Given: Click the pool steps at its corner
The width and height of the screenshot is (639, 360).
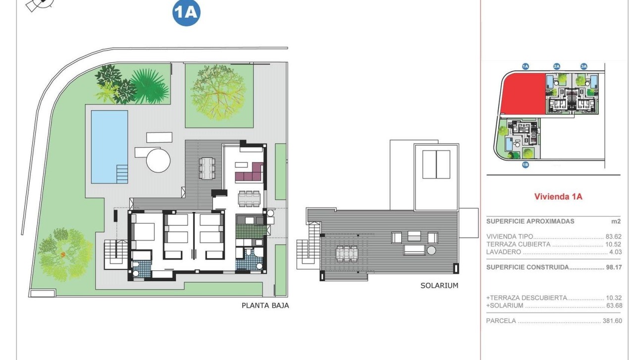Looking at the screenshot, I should pos(122,173).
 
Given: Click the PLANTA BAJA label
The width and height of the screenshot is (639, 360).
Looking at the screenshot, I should pos(265,306).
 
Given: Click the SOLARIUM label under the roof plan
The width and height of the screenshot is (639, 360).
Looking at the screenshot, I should pos(439,285).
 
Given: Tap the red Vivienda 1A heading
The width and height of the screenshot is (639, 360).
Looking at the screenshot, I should pos(558,197).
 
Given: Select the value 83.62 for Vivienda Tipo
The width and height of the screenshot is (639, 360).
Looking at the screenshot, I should pos(613,237).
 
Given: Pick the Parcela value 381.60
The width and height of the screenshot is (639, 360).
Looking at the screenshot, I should pos(612,321).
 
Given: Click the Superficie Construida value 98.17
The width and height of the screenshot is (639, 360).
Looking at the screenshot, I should pos(613,267).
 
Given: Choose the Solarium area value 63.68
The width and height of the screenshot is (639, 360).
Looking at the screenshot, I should pos(613,306).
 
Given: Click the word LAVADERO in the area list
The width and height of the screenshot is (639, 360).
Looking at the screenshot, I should pos(504,252).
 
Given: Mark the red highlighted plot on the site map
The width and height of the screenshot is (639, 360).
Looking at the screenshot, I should pos(524,94).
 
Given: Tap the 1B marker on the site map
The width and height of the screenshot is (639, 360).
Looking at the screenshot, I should pos(526,165).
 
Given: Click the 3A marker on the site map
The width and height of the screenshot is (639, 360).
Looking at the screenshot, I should pos(584,66).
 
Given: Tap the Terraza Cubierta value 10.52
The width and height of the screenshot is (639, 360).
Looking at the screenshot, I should pos(613,245).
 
